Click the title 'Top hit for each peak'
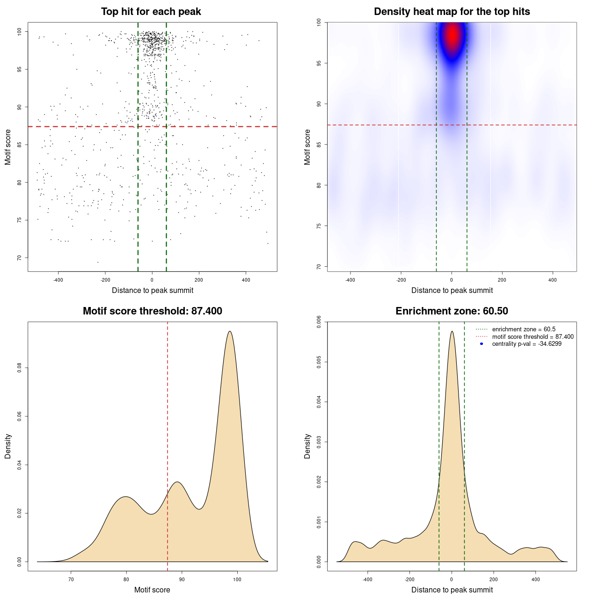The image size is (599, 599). point(151,12)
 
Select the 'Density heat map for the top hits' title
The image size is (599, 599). point(452,12)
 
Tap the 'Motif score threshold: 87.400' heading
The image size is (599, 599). point(152,311)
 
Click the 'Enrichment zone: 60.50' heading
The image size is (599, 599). point(452,311)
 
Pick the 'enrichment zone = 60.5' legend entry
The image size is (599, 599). point(524,329)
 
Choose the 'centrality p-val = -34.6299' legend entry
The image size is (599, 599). point(526,344)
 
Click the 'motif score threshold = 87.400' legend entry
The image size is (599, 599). point(533,337)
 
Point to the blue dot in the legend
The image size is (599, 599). point(482,344)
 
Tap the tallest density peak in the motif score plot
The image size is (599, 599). point(230,331)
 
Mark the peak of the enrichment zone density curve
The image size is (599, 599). point(452,331)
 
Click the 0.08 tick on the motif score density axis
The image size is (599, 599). point(20,368)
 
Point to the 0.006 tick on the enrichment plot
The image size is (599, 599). point(319,322)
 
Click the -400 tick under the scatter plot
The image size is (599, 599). point(58,280)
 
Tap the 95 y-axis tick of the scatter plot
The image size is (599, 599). point(20,69)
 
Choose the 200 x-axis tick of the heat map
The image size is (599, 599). point(502,280)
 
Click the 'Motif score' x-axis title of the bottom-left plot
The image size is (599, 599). point(152,590)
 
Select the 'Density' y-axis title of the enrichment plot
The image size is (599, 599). point(307,446)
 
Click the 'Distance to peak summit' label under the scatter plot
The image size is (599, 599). point(153,290)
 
